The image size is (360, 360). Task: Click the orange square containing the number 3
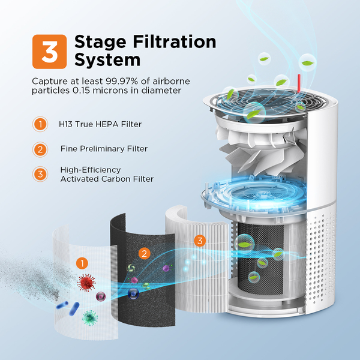(x=50, y=50)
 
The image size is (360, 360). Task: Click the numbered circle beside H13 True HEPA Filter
(x=40, y=125)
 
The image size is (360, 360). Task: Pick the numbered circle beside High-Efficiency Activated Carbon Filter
(x=40, y=174)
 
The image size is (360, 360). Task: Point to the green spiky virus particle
(x=91, y=316)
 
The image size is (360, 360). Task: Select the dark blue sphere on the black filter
(x=133, y=293)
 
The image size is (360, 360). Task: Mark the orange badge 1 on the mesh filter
(x=82, y=263)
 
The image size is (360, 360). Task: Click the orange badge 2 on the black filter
(x=143, y=253)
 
